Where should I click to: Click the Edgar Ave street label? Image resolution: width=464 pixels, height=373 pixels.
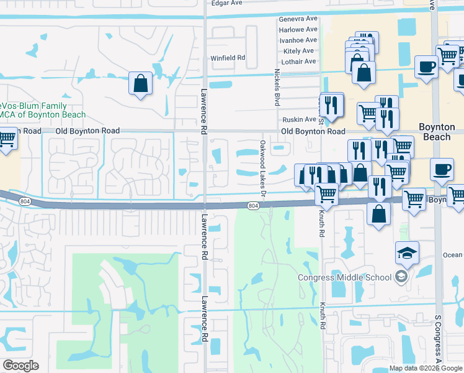click(x=226, y=3)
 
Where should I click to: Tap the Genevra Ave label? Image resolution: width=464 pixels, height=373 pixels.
click(x=298, y=19)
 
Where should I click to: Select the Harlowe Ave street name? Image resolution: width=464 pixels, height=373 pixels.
click(x=298, y=30)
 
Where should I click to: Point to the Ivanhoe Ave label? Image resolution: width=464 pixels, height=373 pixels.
click(x=298, y=40)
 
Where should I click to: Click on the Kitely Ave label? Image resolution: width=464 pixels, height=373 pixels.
click(x=299, y=51)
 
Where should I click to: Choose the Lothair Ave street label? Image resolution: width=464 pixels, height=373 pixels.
click(x=298, y=62)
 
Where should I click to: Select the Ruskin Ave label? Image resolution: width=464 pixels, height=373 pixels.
click(x=299, y=119)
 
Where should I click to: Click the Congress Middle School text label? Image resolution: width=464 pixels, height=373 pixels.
click(x=345, y=278)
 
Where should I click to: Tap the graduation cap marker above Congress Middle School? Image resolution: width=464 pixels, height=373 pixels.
click(x=408, y=252)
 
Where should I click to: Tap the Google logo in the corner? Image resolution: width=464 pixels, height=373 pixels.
click(x=20, y=366)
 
